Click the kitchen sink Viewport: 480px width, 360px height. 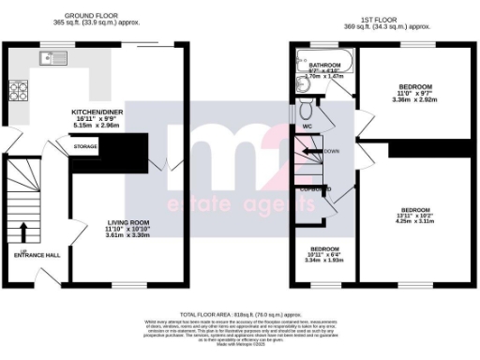click(49, 59)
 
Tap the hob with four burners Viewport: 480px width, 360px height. click(18, 92)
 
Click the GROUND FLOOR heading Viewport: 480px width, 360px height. click(90, 16)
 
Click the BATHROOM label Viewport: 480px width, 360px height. click(323, 65)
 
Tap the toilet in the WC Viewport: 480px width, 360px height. click(307, 110)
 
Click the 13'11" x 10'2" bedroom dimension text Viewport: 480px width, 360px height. click(415, 216)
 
